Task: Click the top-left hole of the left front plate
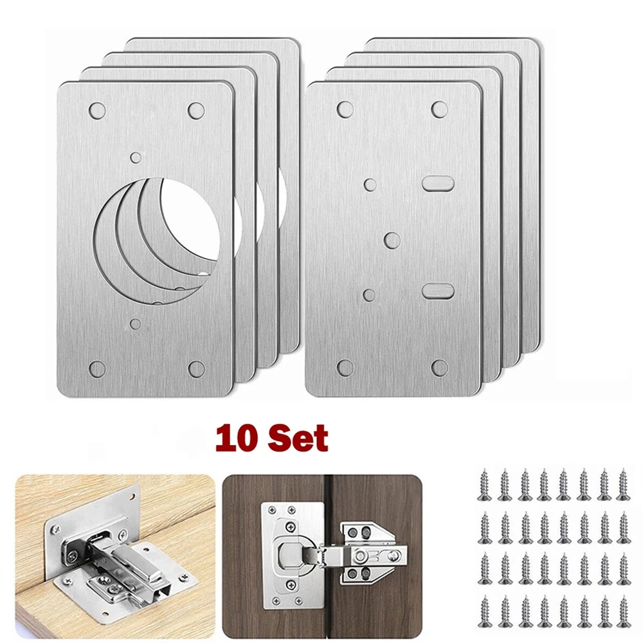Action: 97,110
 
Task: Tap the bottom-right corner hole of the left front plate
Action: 196,368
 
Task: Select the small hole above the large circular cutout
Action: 136,156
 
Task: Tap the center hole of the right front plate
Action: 392,240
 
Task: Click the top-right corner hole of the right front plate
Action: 440,109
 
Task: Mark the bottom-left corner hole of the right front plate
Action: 345,368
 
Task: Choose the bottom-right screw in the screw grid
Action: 622,611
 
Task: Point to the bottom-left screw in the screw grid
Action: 484,611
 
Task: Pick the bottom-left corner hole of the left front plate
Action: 97,368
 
